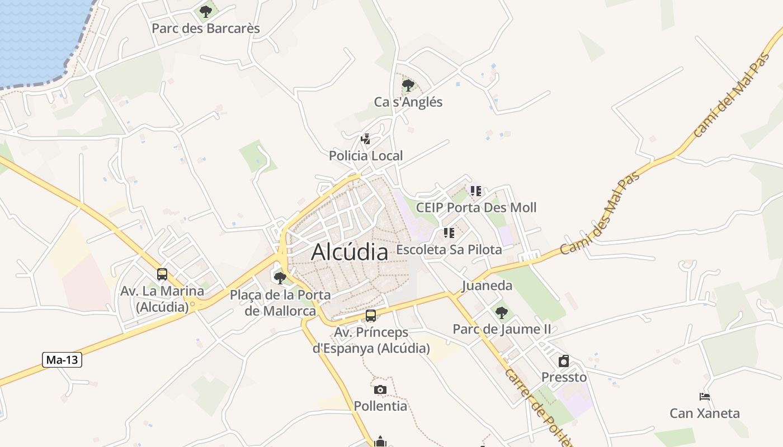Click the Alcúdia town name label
pyautogui.click(x=350, y=252)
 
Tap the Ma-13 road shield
pyautogui.click(x=62, y=360)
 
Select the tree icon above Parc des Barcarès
pyautogui.click(x=206, y=11)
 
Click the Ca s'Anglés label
pyautogui.click(x=408, y=102)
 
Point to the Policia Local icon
pyautogui.click(x=366, y=139)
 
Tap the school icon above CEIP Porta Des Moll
pyautogui.click(x=476, y=191)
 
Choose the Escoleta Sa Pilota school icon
pyautogui.click(x=449, y=232)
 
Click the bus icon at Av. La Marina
pyautogui.click(x=162, y=274)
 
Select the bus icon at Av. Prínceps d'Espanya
pyautogui.click(x=371, y=316)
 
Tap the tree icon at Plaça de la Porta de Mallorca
pyautogui.click(x=280, y=278)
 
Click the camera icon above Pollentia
pyautogui.click(x=380, y=389)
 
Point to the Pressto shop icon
pyautogui.click(x=564, y=361)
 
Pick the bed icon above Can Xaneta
pyautogui.click(x=705, y=397)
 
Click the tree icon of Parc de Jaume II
pyautogui.click(x=502, y=313)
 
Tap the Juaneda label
pyautogui.click(x=487, y=286)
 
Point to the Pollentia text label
pyautogui.click(x=380, y=406)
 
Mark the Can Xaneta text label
pyautogui.click(x=705, y=413)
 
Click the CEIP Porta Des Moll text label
pyautogui.click(x=476, y=208)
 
